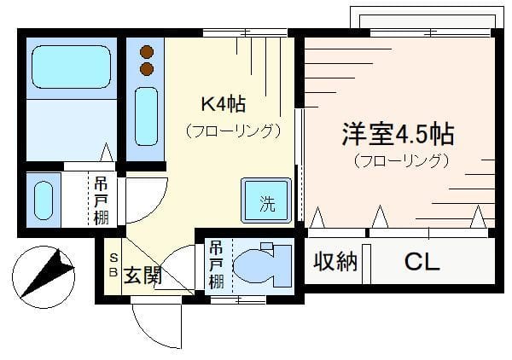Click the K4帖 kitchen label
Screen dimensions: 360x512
(223, 105)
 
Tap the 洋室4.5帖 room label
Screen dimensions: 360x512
(397, 134)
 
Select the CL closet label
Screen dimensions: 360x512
(422, 262)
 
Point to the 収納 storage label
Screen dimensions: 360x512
(335, 262)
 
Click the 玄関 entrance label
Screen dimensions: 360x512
(143, 276)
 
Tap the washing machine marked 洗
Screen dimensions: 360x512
(267, 201)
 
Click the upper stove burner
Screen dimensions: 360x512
(147, 51)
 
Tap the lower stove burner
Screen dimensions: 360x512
(147, 68)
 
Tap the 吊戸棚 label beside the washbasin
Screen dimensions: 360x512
(101, 200)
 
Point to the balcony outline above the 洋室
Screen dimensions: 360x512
(422, 19)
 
